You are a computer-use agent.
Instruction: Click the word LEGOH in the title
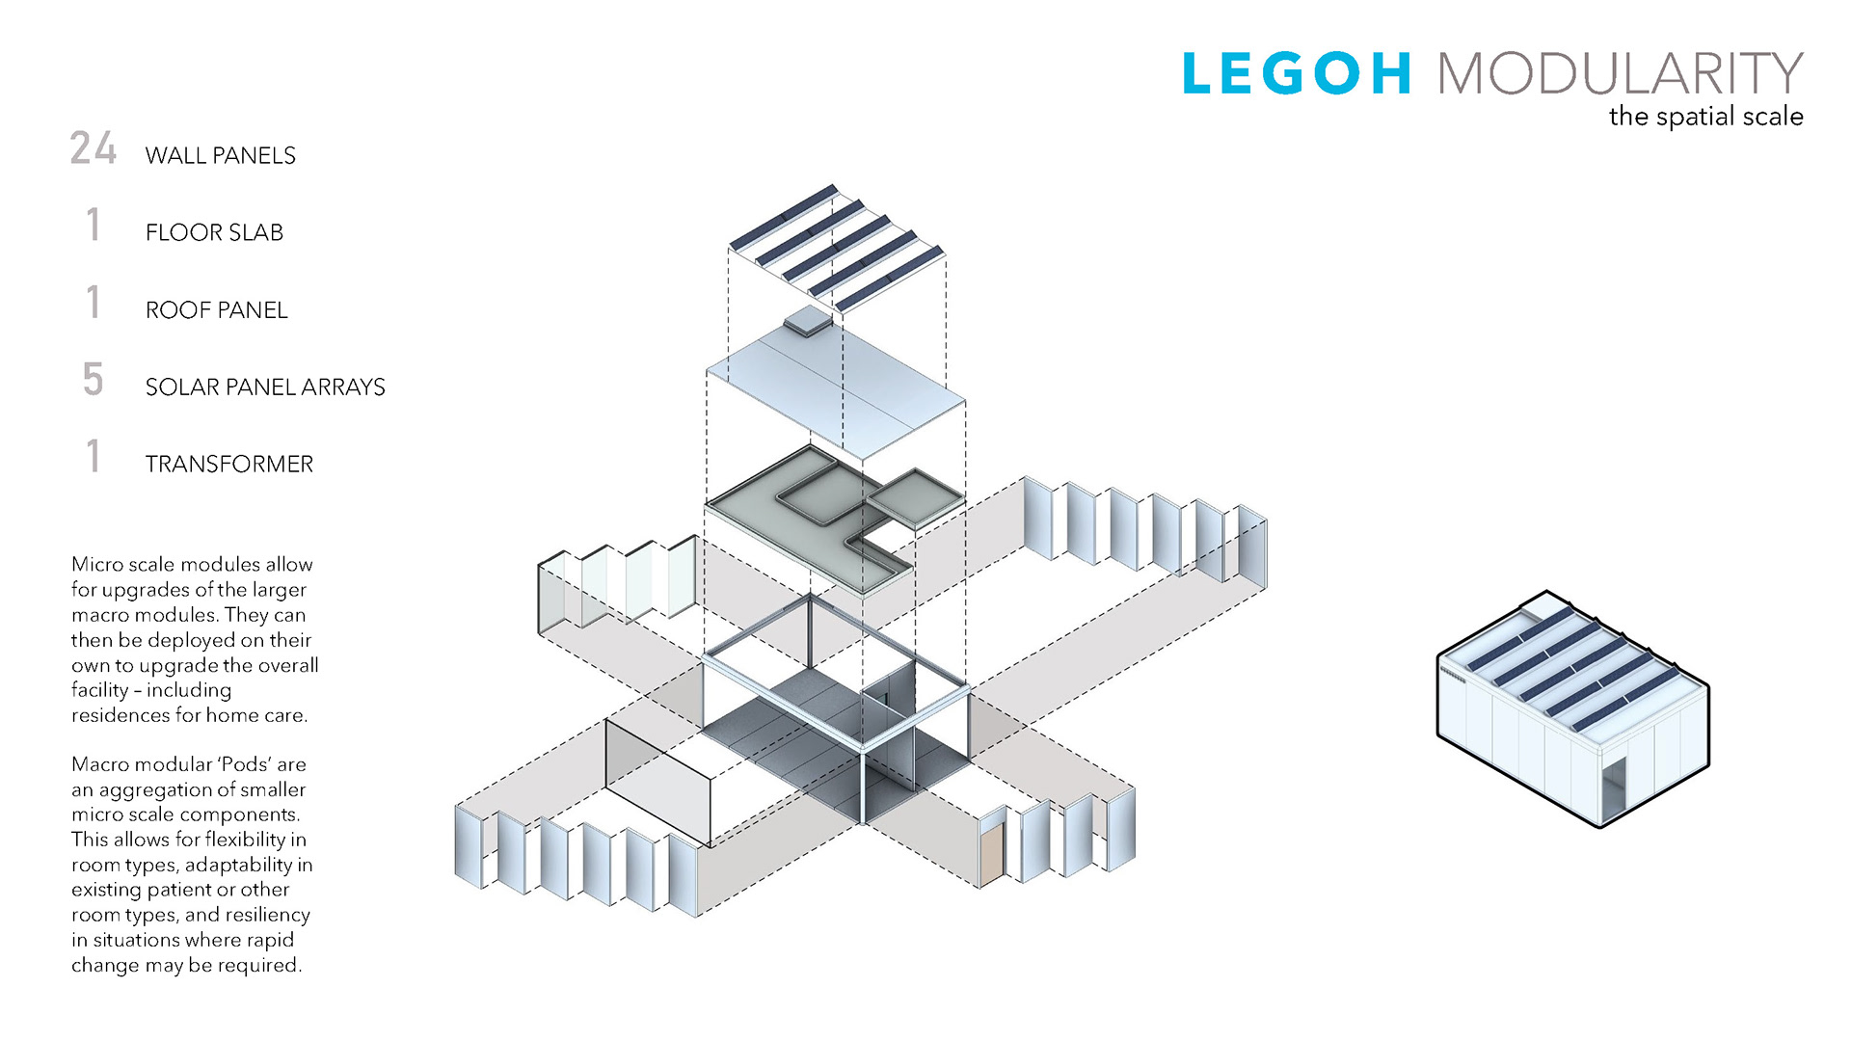click(x=1297, y=74)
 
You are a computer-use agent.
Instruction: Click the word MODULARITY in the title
click(x=1620, y=74)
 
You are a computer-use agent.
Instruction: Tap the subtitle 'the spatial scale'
click(x=1705, y=117)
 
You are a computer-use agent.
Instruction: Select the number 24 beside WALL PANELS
click(x=93, y=148)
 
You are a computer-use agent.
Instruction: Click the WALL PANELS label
click(x=220, y=155)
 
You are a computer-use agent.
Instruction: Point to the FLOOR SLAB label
click(x=214, y=232)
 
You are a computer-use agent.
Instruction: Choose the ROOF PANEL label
click(x=216, y=309)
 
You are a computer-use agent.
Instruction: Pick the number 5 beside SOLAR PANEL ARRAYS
click(x=93, y=380)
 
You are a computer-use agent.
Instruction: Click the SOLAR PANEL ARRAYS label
click(x=265, y=387)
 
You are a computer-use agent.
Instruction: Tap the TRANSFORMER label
click(x=228, y=464)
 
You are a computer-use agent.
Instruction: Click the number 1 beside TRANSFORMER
click(x=93, y=457)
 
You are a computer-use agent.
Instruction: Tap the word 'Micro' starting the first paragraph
click(x=96, y=564)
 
